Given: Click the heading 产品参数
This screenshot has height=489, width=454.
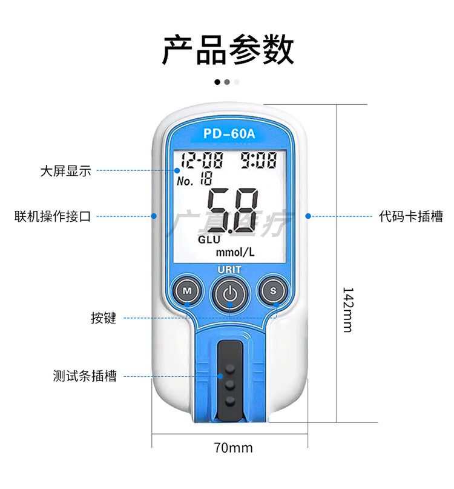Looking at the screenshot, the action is click(228, 50).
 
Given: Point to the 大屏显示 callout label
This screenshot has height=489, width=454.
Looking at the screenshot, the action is click(65, 171).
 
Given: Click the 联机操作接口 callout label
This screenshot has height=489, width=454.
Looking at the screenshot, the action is click(53, 216).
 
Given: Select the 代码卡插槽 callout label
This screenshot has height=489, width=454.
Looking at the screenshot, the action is click(411, 216).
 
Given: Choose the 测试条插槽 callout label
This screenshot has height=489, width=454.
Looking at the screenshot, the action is click(85, 376).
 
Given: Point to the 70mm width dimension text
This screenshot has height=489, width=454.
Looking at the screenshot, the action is click(233, 448).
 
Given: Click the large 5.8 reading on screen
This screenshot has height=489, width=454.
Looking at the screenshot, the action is click(232, 210).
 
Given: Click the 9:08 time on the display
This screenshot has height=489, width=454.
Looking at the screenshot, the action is click(258, 160).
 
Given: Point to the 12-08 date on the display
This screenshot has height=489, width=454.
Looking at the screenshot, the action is click(202, 161).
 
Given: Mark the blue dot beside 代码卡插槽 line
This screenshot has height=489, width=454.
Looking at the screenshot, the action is click(308, 216).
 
